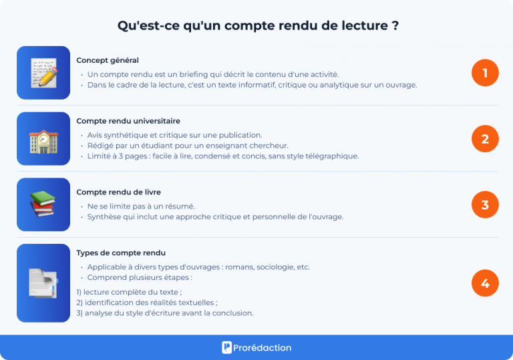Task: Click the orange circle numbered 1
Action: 485,73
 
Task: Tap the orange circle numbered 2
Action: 485,139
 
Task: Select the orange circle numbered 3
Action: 485,204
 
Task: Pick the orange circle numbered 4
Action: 485,283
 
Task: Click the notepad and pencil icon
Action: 43,73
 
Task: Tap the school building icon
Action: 43,139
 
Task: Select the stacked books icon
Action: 43,204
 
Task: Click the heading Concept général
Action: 108,60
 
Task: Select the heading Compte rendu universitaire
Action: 128,121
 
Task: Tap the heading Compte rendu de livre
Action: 118,192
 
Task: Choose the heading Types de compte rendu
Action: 121,253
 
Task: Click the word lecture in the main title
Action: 361,26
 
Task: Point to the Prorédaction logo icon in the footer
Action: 227,347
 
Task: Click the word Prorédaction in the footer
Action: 263,348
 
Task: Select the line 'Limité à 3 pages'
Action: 222,156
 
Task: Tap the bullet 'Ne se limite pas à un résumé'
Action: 141,206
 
